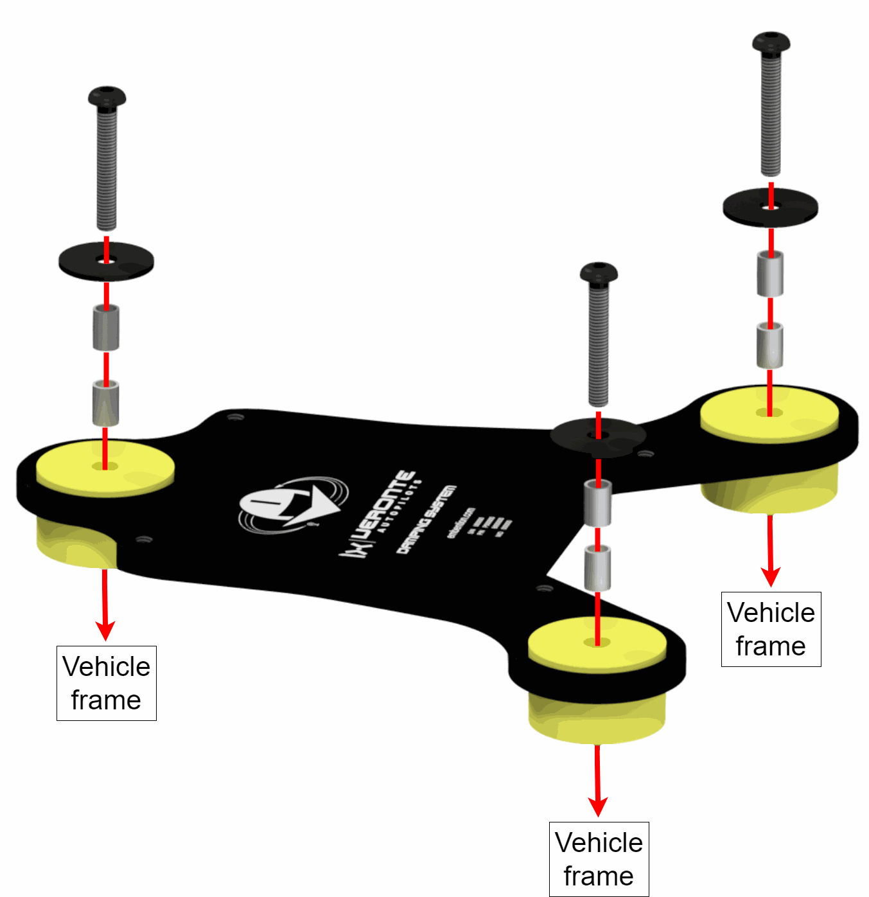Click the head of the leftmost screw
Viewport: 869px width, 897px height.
tap(107, 98)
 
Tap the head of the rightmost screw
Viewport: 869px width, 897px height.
tap(771, 43)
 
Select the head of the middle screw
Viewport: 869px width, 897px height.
tap(599, 273)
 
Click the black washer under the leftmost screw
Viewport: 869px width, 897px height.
tap(106, 261)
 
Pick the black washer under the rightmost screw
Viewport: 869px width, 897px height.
tap(771, 207)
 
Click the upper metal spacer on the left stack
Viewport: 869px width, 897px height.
tap(106, 328)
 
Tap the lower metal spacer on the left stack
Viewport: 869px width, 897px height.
tap(106, 404)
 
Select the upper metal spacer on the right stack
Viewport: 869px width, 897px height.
tap(770, 274)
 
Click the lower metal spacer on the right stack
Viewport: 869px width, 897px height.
tap(769, 346)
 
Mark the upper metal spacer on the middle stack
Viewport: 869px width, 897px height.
tap(597, 503)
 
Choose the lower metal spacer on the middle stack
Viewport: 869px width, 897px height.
tap(597, 568)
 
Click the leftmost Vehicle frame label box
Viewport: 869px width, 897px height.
tap(107, 683)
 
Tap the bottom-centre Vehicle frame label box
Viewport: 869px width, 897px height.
tap(599, 859)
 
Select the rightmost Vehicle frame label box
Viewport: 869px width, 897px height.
tap(771, 629)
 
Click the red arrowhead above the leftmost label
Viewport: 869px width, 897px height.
tap(105, 629)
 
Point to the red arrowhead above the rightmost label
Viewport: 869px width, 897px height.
tap(770, 576)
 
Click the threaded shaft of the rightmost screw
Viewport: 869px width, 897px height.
tap(771, 116)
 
